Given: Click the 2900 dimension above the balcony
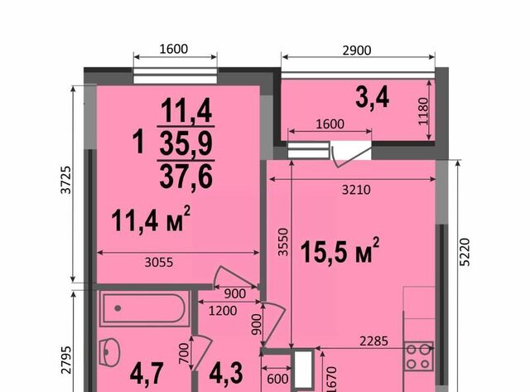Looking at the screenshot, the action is tap(357, 51).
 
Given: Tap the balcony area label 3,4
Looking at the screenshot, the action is tap(372, 98).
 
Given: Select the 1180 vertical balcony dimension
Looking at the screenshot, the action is tap(423, 111).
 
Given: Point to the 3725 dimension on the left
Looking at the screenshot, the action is tap(66, 180).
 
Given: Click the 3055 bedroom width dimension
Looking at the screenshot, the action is tap(158, 262).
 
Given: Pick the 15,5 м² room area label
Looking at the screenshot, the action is tap(340, 250).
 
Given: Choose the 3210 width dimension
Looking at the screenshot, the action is tap(356, 190).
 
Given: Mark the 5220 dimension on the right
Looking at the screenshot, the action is tap(465, 252).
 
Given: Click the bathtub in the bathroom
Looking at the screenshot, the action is tap(144, 308).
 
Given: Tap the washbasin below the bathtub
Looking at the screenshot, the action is tap(109, 351).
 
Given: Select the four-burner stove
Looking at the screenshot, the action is tap(419, 356).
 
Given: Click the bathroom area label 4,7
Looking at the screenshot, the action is tap(147, 374).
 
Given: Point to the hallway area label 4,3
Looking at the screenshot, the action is tap(226, 374).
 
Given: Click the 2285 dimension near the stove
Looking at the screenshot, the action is tap(373, 341).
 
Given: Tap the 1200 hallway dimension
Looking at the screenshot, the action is tap(223, 311).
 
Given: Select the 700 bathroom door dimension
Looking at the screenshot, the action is tap(184, 353).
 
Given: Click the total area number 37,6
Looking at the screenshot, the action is tap(185, 177).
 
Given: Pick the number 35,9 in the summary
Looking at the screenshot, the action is tap(185, 143).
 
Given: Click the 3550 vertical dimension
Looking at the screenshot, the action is tap(283, 242).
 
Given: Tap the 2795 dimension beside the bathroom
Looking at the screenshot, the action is tap(66, 360).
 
